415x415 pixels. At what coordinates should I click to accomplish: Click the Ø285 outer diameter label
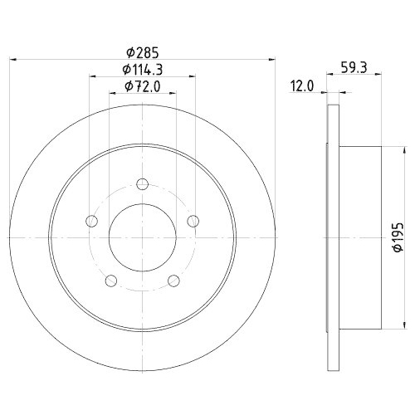[141, 50]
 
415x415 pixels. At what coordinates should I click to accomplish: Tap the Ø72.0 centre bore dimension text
[141, 86]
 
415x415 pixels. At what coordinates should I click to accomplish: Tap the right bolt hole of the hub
[193, 220]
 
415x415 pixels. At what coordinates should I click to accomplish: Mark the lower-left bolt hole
[110, 281]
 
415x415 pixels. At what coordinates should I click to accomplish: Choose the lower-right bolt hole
[173, 281]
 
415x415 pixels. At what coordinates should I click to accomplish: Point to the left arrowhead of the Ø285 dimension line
[13, 59]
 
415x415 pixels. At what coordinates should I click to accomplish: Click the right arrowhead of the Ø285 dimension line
[270, 59]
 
